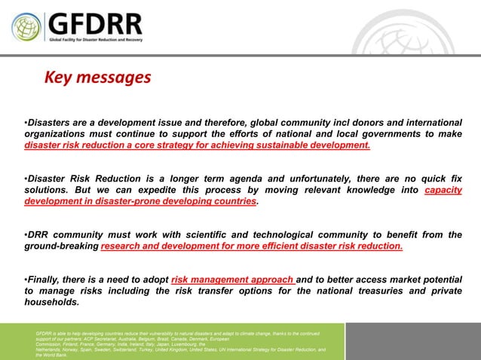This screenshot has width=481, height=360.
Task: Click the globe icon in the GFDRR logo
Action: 26,27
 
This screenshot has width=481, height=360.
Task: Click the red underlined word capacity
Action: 443,190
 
